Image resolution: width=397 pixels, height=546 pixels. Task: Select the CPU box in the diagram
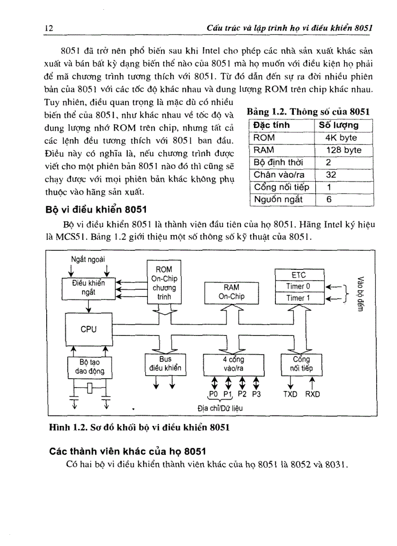click(x=89, y=329)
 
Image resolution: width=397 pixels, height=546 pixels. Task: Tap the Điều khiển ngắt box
click(x=89, y=287)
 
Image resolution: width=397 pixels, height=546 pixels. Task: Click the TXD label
click(x=291, y=394)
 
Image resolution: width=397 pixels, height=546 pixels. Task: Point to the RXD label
click(x=313, y=394)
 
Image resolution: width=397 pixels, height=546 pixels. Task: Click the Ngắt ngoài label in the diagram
click(x=88, y=258)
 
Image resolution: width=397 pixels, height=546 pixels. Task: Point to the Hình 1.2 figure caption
click(x=139, y=428)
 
